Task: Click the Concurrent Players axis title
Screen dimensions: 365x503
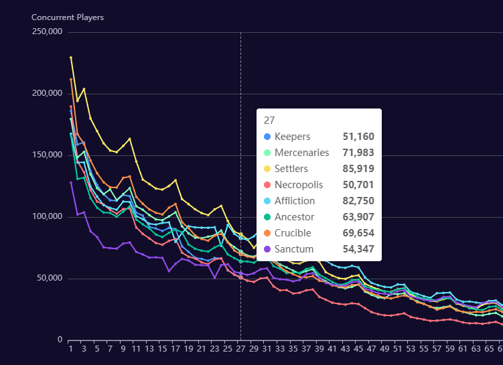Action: pos(68,17)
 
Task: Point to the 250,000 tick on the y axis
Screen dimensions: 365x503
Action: pos(47,32)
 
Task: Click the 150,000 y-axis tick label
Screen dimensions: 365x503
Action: pos(47,155)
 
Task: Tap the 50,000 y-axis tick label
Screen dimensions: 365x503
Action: pos(50,279)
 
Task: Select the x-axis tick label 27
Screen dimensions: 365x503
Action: pos(240,349)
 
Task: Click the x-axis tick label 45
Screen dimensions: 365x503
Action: pos(358,349)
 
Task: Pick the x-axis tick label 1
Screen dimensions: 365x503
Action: pos(70,349)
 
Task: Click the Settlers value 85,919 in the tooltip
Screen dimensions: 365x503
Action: pos(358,169)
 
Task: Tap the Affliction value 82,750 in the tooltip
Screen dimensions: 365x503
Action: pos(358,201)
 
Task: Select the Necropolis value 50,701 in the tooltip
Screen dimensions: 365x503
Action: pos(358,185)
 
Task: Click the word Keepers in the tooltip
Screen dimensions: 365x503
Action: pos(292,137)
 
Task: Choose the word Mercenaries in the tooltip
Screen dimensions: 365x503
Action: pos(301,153)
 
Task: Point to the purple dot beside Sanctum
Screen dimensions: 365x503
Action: pos(268,249)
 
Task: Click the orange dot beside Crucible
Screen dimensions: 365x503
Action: pos(268,233)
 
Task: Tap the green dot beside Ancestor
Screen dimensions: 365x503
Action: pos(268,217)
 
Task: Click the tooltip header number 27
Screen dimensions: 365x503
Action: pos(269,121)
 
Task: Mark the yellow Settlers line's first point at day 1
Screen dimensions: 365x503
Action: pos(71,58)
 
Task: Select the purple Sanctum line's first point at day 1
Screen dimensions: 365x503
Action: pos(71,182)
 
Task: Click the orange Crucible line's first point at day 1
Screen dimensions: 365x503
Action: pos(71,80)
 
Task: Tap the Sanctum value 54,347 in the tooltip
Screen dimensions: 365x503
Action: pos(358,249)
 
